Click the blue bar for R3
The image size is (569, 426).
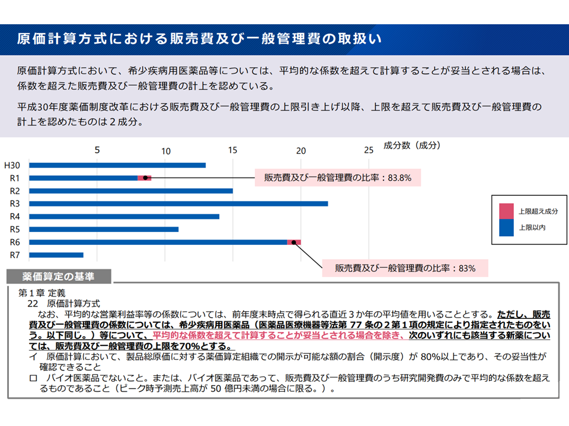pos(178,204)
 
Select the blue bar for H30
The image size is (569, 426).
pos(117,165)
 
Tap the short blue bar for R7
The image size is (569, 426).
pos(56,255)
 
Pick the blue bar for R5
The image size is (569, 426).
pos(103,229)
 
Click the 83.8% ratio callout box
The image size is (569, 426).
pos(337,177)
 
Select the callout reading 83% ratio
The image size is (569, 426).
pos(405,268)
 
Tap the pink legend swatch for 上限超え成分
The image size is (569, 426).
pos(506,211)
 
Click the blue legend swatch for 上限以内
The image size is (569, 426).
pos(506,227)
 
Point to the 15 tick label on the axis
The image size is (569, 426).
pos(233,150)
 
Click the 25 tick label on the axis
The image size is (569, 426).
pos(369,150)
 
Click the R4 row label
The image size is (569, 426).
pos(15,217)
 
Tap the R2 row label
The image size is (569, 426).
pos(15,191)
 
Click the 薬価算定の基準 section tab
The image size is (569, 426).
pos(59,276)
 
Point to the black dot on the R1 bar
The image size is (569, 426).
pos(145,178)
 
